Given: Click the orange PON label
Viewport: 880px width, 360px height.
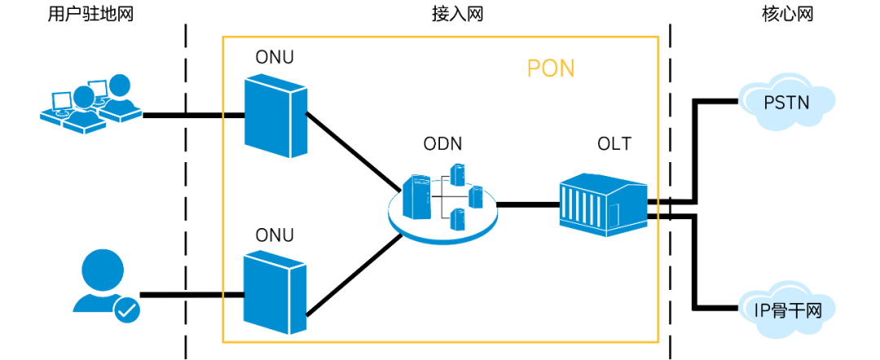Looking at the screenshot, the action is (x=551, y=68).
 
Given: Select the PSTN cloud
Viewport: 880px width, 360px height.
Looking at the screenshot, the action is (x=786, y=103).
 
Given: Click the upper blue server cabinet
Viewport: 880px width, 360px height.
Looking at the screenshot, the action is (x=275, y=115).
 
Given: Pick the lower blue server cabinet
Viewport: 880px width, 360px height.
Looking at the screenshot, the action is (x=275, y=292).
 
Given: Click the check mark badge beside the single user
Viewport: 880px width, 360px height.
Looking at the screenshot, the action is (x=127, y=310).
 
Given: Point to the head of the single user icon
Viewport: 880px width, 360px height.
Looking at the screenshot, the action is (x=103, y=269).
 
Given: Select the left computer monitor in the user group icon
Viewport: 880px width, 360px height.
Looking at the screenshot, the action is (x=60, y=101).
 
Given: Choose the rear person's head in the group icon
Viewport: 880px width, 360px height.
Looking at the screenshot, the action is (x=120, y=86).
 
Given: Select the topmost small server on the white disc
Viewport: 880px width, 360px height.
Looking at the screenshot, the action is (x=458, y=173).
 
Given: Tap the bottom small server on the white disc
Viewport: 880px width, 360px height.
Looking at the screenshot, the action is (x=458, y=218).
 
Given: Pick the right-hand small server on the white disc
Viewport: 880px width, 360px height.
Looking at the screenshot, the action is (x=476, y=196).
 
